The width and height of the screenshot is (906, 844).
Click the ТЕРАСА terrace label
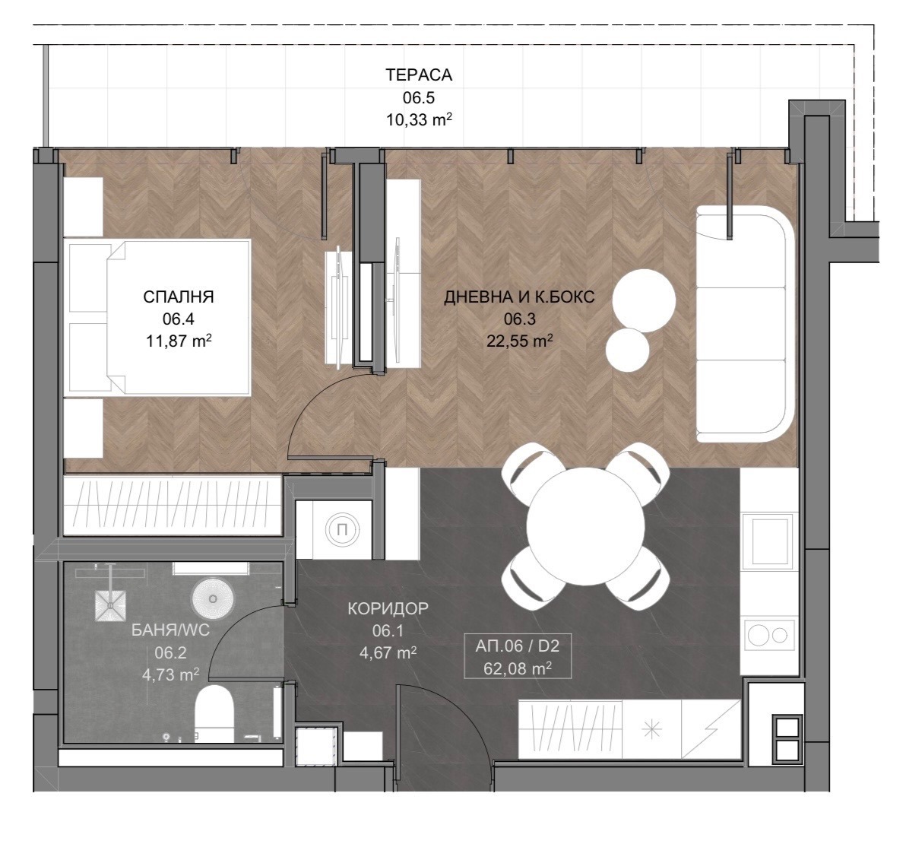tap(419, 75)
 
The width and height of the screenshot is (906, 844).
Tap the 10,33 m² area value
tap(419, 119)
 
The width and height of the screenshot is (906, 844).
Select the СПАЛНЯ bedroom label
tap(179, 297)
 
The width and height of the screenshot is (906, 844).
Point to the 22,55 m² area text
tap(519, 341)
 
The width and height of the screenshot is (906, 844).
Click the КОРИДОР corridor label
tap(388, 608)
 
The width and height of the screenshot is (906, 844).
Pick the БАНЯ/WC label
tap(170, 630)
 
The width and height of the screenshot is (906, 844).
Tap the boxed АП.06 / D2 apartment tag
tap(518, 656)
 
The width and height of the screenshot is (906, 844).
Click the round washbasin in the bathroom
tap(214, 598)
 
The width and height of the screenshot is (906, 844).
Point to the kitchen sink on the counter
tap(769, 541)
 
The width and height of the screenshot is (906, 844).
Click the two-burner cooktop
tap(769, 636)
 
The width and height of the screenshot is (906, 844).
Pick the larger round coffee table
tap(644, 300)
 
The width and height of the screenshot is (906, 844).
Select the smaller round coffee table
tap(628, 351)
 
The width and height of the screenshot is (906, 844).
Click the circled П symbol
tap(341, 529)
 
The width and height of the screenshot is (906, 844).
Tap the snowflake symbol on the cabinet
tap(652, 731)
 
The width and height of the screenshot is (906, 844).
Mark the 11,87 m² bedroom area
tap(179, 341)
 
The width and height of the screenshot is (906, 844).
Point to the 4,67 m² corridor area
tap(388, 652)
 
